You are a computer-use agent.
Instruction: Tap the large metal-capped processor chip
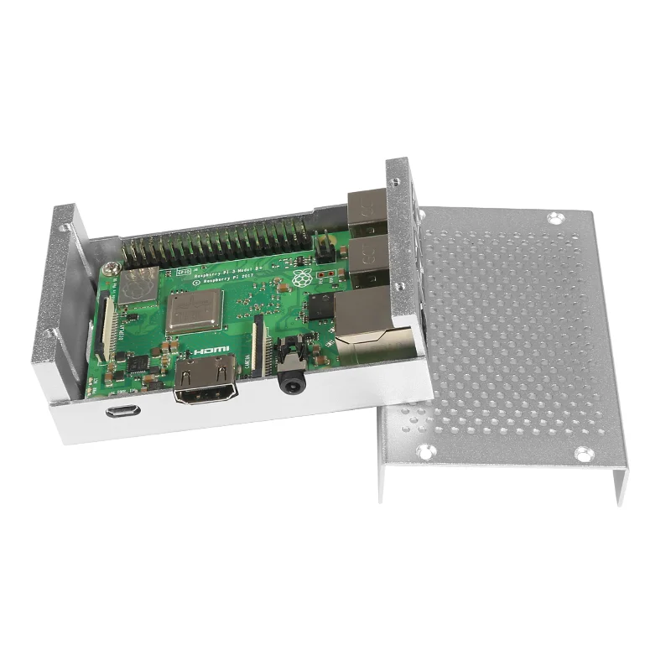click(x=195, y=313)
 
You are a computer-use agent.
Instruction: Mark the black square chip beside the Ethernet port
click(x=320, y=306)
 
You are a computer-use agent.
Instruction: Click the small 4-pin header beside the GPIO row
click(x=328, y=247)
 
